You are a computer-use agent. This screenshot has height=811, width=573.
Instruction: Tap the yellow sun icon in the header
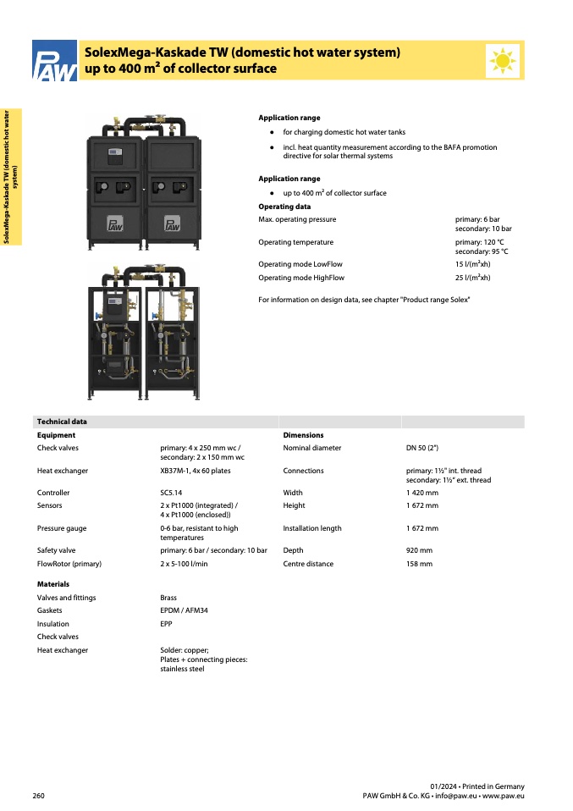click(504, 60)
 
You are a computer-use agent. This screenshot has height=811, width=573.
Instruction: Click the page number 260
click(39, 796)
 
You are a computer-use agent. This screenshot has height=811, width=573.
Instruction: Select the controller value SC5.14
click(172, 493)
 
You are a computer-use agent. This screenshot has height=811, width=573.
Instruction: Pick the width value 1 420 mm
click(422, 493)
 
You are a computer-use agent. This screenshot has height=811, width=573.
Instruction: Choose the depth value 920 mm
click(419, 550)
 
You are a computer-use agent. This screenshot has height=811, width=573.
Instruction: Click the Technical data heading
click(62, 422)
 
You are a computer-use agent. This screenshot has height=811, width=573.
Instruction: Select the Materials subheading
click(53, 584)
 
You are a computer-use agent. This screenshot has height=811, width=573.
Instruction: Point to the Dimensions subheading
click(303, 435)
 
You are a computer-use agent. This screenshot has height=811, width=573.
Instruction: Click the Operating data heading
click(284, 207)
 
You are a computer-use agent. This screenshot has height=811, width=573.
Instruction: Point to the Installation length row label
click(312, 528)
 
